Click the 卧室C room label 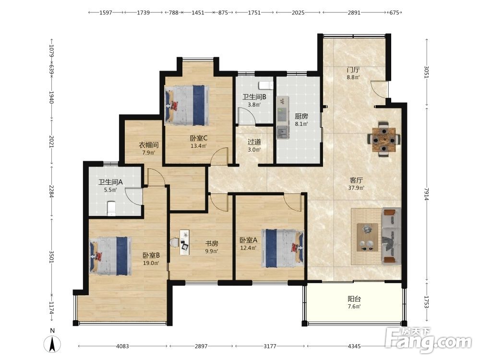(x=198, y=138)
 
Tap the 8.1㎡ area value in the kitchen (x=301, y=124)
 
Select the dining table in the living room (x=384, y=139)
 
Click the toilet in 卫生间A (x=112, y=208)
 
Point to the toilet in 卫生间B (x=266, y=85)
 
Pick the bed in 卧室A (x=283, y=249)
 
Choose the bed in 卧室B (x=110, y=256)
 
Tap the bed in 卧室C (x=187, y=105)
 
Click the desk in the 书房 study (x=184, y=242)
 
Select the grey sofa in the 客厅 (x=391, y=236)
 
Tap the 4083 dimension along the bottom (x=122, y=346)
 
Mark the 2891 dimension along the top (x=354, y=12)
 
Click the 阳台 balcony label (x=354, y=299)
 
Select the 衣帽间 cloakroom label (x=149, y=145)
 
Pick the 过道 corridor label (x=254, y=142)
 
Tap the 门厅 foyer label (x=353, y=70)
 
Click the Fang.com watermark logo (x=429, y=340)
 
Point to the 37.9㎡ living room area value (x=356, y=188)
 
